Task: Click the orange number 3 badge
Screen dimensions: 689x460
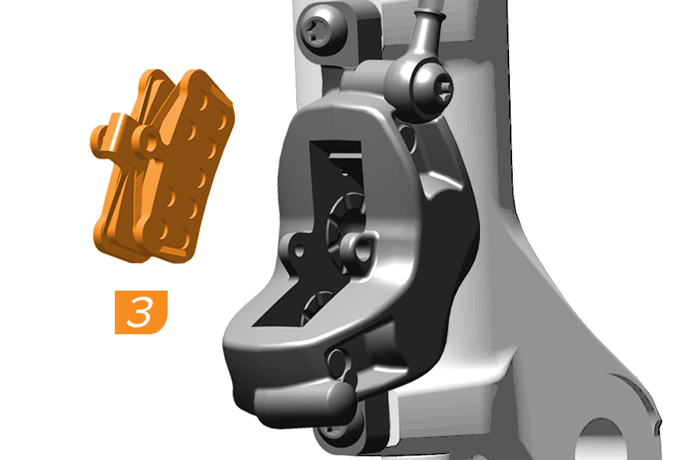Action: (141, 312)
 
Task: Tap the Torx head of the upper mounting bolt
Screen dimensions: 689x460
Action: (315, 30)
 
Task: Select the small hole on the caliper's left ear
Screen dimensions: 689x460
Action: (299, 251)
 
